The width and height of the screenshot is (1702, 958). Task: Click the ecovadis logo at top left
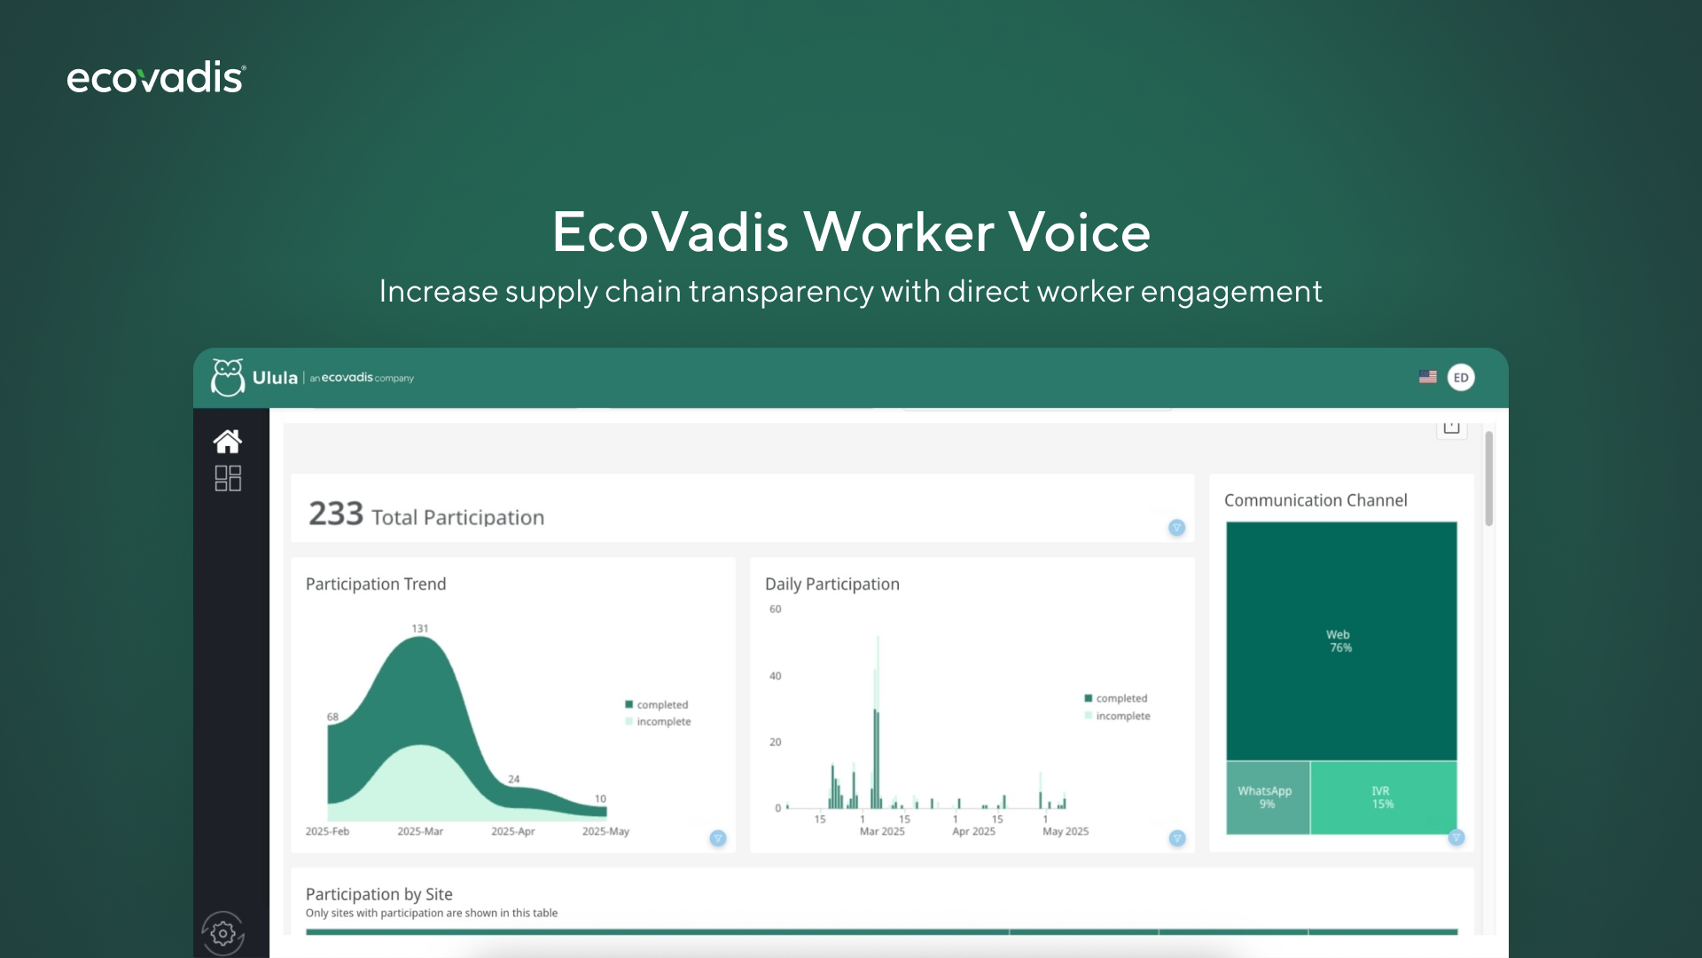(156, 78)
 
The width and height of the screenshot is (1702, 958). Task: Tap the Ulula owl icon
(228, 377)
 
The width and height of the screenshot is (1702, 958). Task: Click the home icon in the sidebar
(228, 441)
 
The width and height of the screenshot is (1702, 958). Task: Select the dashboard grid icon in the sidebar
(228, 478)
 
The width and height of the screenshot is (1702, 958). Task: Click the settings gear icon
(223, 933)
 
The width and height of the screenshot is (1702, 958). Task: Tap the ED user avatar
(1461, 377)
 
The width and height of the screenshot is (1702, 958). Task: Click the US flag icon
(1427, 377)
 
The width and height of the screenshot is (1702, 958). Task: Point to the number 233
(336, 514)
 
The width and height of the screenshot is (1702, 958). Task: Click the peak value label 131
(419, 628)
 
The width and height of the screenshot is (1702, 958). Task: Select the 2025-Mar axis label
(420, 831)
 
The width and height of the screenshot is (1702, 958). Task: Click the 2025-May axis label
(605, 831)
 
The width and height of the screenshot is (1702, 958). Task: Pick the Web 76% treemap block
(1341, 640)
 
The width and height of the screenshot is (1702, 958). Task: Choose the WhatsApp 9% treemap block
(1268, 797)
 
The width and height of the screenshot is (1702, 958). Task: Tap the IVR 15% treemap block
(1383, 797)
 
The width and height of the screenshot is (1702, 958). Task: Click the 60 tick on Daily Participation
(776, 609)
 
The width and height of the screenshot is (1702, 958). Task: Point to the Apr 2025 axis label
(973, 831)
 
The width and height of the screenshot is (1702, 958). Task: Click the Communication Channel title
(1316, 500)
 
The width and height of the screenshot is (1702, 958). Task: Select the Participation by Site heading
(379, 894)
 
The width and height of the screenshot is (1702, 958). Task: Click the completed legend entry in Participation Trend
(657, 704)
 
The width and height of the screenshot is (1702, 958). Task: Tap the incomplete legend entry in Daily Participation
(1117, 716)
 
